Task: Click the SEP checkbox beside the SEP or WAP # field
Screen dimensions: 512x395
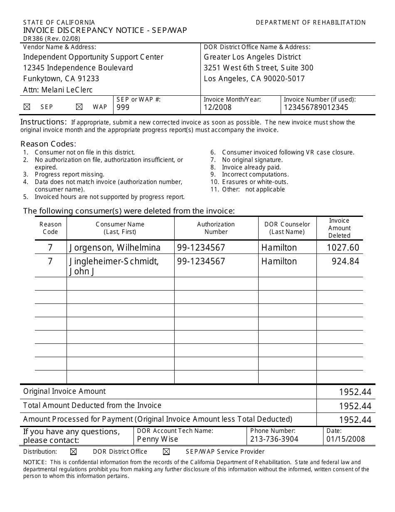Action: [x=27, y=107]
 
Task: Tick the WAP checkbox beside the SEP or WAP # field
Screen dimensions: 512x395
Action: [x=79, y=107]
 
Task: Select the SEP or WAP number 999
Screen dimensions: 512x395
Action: [x=123, y=107]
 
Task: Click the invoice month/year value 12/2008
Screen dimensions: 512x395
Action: [x=217, y=107]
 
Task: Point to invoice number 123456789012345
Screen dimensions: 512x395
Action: [x=316, y=107]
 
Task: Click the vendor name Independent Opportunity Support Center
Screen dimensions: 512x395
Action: [x=93, y=57]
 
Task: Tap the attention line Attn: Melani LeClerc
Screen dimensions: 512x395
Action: [x=58, y=89]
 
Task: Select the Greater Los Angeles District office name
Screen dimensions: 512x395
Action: [x=252, y=57]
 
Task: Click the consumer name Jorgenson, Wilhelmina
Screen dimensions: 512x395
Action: [x=115, y=248]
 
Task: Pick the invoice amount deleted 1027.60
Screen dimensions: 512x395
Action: [x=343, y=248]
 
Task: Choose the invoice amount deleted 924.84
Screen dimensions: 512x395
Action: [x=345, y=261]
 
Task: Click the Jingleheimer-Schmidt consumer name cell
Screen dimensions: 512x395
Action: [x=114, y=266]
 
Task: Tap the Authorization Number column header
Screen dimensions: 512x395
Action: [x=216, y=228]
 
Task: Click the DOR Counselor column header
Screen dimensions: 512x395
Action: [x=287, y=228]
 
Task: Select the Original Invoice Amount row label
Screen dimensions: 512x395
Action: [x=64, y=391]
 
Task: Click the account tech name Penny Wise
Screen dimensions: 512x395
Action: [x=157, y=439]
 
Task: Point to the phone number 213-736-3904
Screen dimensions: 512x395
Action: [x=274, y=439]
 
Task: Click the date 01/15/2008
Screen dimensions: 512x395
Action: [x=346, y=439]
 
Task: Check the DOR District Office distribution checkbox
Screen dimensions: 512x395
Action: [x=74, y=452]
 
